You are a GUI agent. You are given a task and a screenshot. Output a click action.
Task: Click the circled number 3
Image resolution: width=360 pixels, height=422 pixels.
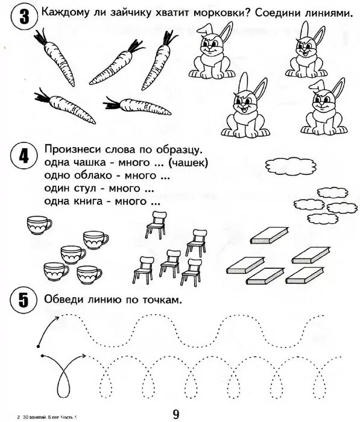click(22, 19)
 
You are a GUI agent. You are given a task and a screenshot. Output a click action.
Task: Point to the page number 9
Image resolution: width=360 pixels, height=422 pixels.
click(175, 414)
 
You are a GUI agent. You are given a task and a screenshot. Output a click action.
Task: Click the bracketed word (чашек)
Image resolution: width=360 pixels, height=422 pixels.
click(189, 162)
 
